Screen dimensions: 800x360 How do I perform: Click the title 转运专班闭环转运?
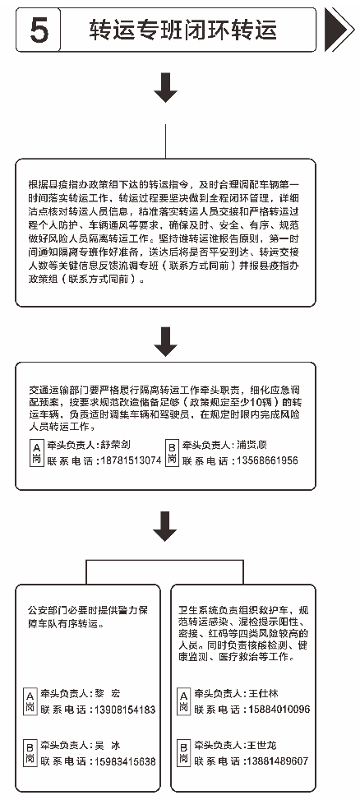pyautogui.click(x=182, y=30)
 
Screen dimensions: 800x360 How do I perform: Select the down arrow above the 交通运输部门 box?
pyautogui.click(x=167, y=337)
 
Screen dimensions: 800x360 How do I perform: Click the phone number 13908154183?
pyautogui.click(x=120, y=710)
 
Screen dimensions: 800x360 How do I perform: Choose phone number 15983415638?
pyautogui.click(x=120, y=761)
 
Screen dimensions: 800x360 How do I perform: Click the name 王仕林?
pyautogui.click(x=263, y=693)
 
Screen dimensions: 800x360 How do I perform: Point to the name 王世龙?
pyautogui.click(x=263, y=745)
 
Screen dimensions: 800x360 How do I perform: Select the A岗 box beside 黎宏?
pyautogui.click(x=30, y=701)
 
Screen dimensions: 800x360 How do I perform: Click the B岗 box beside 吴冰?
pyautogui.click(x=30, y=753)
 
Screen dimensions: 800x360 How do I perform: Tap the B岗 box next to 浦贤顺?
pyautogui.click(x=172, y=452)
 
